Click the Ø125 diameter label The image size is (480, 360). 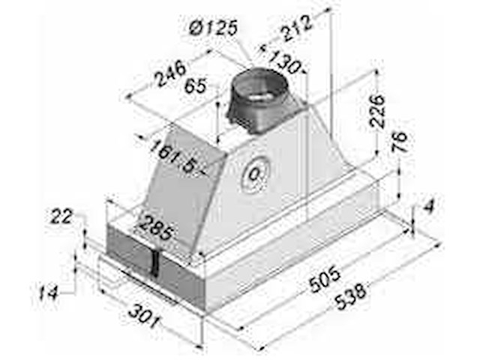(213, 29)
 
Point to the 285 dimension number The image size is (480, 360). (156, 226)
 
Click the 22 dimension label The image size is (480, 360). (61, 217)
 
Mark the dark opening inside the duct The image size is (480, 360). (260, 95)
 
